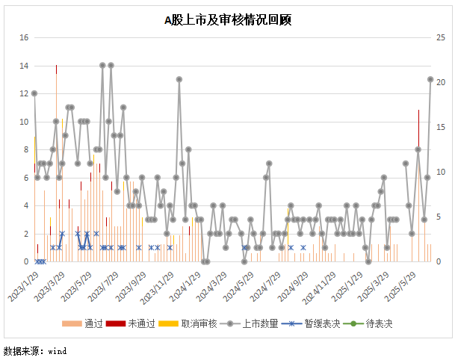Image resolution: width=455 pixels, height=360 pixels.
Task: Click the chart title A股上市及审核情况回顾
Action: tap(227, 21)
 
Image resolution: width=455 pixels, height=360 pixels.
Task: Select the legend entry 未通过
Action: tap(138, 323)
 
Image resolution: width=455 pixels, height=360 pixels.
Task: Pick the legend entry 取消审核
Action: tap(191, 323)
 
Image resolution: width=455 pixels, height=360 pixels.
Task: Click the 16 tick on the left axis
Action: tap(24, 37)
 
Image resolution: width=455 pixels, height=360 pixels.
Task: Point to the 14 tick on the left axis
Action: tap(24, 66)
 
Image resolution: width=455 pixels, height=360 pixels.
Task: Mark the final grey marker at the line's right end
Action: tap(430, 79)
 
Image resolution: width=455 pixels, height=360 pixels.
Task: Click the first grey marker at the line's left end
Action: tap(34, 93)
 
